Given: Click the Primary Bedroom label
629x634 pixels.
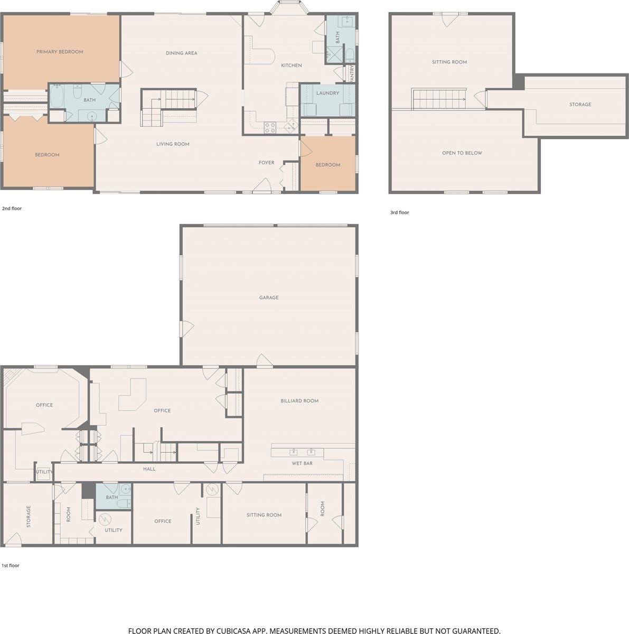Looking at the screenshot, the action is point(60,52).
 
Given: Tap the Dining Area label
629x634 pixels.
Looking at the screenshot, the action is point(182,53).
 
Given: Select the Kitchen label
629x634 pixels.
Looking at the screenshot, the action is point(291,66).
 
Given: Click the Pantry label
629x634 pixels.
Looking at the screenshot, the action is point(352,73).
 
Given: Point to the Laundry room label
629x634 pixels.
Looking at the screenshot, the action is point(327,93).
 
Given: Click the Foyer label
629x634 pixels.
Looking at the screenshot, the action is point(266,163).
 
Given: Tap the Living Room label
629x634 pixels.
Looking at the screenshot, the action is point(173,144).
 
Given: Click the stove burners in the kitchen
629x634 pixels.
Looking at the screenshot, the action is point(270,127).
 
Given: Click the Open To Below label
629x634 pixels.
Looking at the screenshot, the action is point(462,153).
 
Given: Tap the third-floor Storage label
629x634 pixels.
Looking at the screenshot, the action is point(580,105).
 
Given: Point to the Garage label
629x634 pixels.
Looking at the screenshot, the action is point(269,298).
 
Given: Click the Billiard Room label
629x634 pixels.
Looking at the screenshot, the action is point(299,401).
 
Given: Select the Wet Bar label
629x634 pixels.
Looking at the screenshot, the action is point(302,463).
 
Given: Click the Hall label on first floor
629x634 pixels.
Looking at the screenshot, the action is point(149,469).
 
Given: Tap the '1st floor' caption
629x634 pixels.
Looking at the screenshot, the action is point(11,565).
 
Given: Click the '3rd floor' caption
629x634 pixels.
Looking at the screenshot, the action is point(400,212).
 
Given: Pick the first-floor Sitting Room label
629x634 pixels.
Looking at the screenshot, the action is point(264,515).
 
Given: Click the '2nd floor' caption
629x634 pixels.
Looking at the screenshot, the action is point(12,209).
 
